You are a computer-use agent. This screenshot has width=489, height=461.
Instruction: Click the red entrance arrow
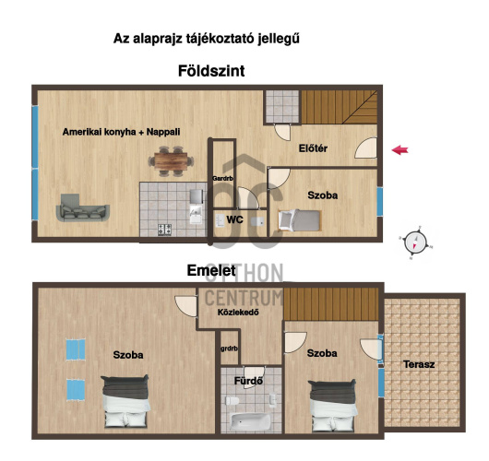point(400,150)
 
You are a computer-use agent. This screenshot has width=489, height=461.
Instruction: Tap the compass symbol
point(415,242)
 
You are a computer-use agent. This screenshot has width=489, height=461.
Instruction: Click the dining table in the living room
point(171,161)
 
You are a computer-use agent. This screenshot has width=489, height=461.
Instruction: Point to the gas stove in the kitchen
point(164,230)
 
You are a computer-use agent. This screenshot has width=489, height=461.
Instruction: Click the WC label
point(234,219)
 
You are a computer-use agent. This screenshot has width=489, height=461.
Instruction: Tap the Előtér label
point(313,148)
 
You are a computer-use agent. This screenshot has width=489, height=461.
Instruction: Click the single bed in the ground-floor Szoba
point(300,220)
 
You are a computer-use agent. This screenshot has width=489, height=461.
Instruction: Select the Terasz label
point(419,364)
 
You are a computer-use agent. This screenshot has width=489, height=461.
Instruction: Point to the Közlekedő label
point(238,312)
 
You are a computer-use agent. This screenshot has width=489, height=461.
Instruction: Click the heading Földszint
point(211,71)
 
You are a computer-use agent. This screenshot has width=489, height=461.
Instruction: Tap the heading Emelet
point(211,270)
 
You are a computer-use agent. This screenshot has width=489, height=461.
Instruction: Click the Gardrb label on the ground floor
point(222,179)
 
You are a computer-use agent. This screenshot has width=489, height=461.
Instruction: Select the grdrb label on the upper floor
point(229,349)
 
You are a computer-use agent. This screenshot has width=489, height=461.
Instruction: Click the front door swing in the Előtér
point(365,148)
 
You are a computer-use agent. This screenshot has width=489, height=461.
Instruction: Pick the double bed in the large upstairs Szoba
point(125,401)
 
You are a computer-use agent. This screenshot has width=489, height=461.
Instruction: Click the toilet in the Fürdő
point(232,400)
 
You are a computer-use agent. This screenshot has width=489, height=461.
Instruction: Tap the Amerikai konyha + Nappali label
point(121,132)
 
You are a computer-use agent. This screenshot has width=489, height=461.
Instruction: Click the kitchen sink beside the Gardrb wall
point(197,215)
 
